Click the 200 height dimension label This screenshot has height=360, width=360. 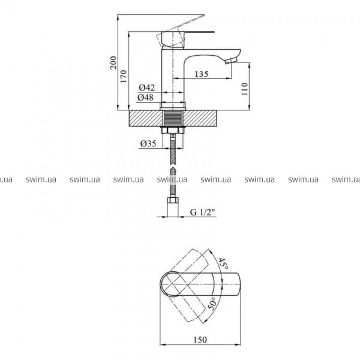[x=113, y=62]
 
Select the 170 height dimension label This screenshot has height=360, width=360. [x=124, y=76]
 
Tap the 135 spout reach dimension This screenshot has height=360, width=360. [x=202, y=74]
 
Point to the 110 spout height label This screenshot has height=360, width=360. [x=245, y=89]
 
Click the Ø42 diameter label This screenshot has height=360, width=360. [x=147, y=88]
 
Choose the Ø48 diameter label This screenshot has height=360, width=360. [x=146, y=98]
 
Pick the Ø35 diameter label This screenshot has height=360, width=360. [x=148, y=144]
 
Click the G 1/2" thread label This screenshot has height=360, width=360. [x=203, y=212]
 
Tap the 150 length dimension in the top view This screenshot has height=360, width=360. [x=200, y=340]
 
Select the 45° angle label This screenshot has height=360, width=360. [x=223, y=264]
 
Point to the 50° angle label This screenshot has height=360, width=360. [x=212, y=304]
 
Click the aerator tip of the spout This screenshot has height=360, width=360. [x=231, y=61]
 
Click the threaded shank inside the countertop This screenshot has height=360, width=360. [x=173, y=118]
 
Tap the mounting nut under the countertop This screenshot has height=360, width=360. [x=173, y=130]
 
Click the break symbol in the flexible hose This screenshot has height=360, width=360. [x=173, y=166]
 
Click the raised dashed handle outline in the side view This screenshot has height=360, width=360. [x=180, y=31]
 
